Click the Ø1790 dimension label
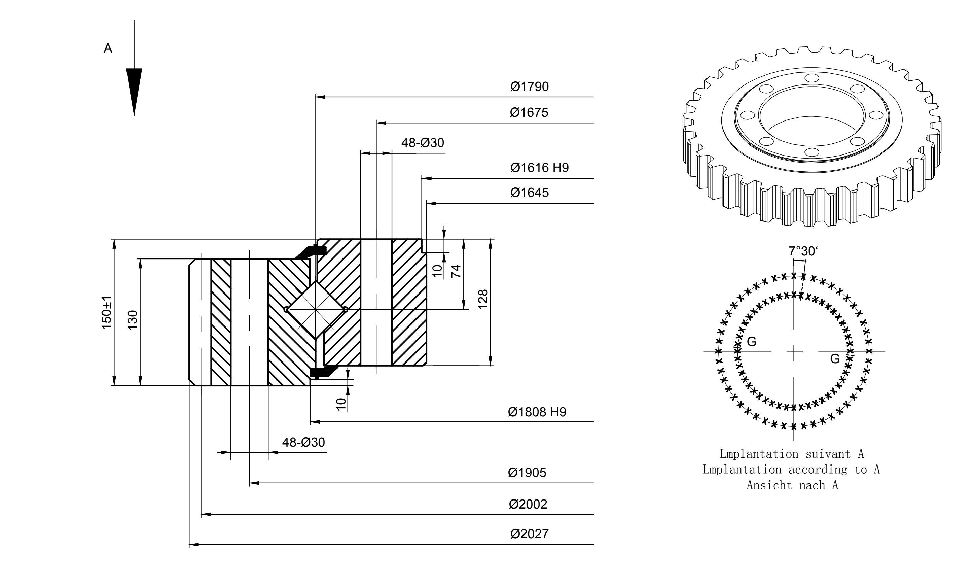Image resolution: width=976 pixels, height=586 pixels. tap(529, 87)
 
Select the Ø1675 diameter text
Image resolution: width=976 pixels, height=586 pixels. tap(529, 112)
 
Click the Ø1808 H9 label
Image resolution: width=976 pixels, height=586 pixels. tap(537, 412)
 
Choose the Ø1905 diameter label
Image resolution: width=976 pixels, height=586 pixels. tap(527, 473)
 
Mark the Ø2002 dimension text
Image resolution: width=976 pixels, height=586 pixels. tap(528, 504)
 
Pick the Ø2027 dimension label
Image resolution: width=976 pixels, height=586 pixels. tap(529, 534)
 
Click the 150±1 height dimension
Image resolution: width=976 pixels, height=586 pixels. tap(107, 312)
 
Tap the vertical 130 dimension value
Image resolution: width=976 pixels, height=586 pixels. tap(133, 320)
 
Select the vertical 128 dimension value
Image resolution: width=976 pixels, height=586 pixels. tap(483, 299)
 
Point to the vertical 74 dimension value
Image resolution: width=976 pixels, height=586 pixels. tap(456, 271)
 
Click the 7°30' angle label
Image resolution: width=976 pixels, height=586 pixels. tap(803, 251)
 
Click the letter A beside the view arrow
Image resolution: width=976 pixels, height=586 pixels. tap(108, 48)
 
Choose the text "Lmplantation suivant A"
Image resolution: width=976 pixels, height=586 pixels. tap(792, 454)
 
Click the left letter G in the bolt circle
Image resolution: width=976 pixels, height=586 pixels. tap(752, 342)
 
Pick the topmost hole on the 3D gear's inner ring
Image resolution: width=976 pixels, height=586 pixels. tap(812, 78)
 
